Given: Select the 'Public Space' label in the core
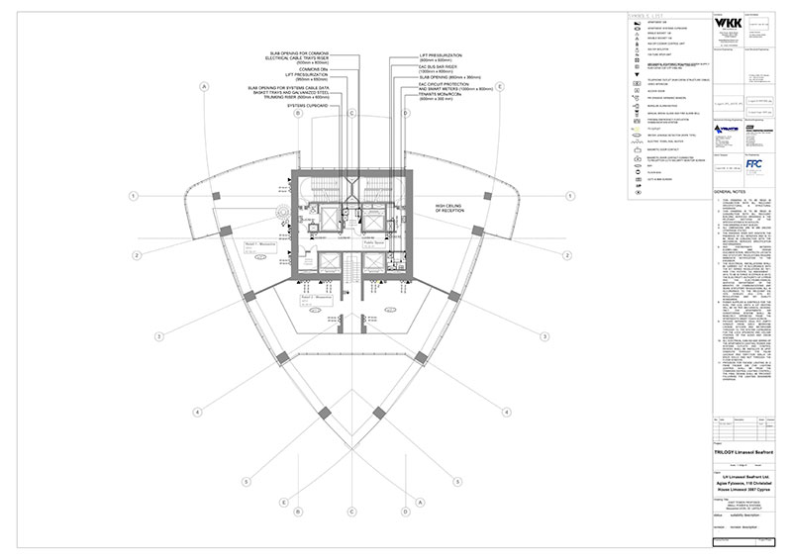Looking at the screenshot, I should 373,240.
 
